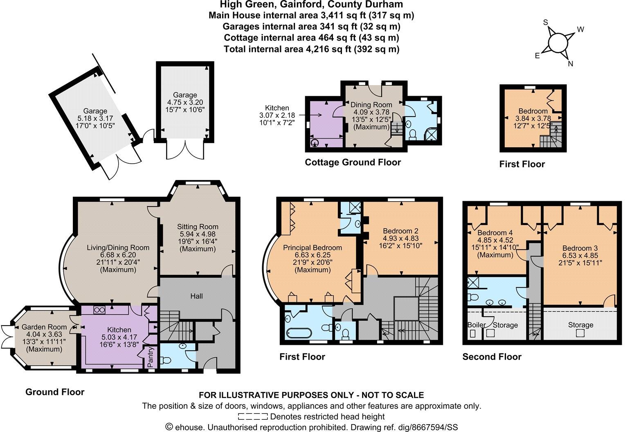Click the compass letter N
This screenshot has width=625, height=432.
(x=571, y=63)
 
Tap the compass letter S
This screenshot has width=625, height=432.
(x=545, y=22)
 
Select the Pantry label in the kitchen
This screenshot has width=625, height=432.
(x=150, y=357)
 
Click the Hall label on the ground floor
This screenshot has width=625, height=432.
(x=196, y=296)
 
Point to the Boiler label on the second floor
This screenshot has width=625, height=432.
(x=477, y=325)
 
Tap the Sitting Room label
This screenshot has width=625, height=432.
(x=198, y=227)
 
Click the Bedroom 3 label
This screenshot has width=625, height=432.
(x=580, y=248)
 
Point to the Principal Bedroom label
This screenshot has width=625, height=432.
(x=312, y=248)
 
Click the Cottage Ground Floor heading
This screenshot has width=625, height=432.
(x=353, y=162)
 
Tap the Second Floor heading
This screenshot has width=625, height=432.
(x=492, y=357)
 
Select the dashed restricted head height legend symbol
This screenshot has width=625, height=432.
(x=252, y=417)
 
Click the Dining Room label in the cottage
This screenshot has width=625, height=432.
(x=371, y=105)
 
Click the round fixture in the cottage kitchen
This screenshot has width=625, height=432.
(x=315, y=143)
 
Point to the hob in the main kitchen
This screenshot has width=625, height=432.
(x=99, y=310)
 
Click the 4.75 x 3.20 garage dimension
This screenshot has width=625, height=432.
(x=185, y=102)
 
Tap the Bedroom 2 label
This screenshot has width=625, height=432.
(x=400, y=231)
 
